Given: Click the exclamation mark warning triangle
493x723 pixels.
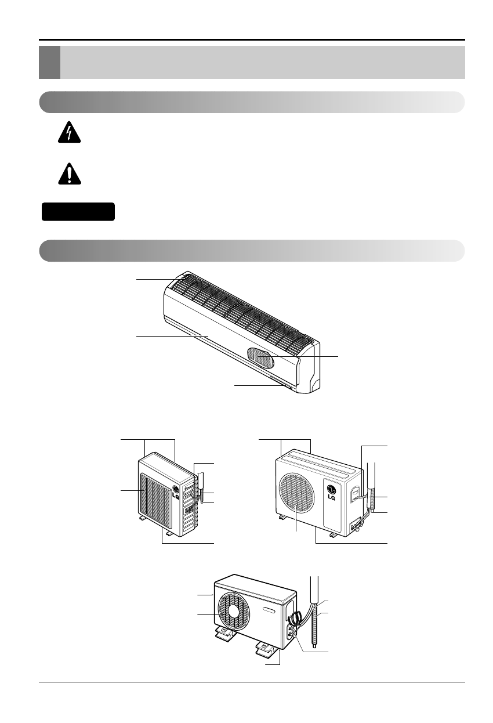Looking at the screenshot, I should (70, 173).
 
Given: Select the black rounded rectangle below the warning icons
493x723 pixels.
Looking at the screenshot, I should (78, 212).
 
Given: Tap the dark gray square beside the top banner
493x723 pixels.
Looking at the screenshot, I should (49, 63).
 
